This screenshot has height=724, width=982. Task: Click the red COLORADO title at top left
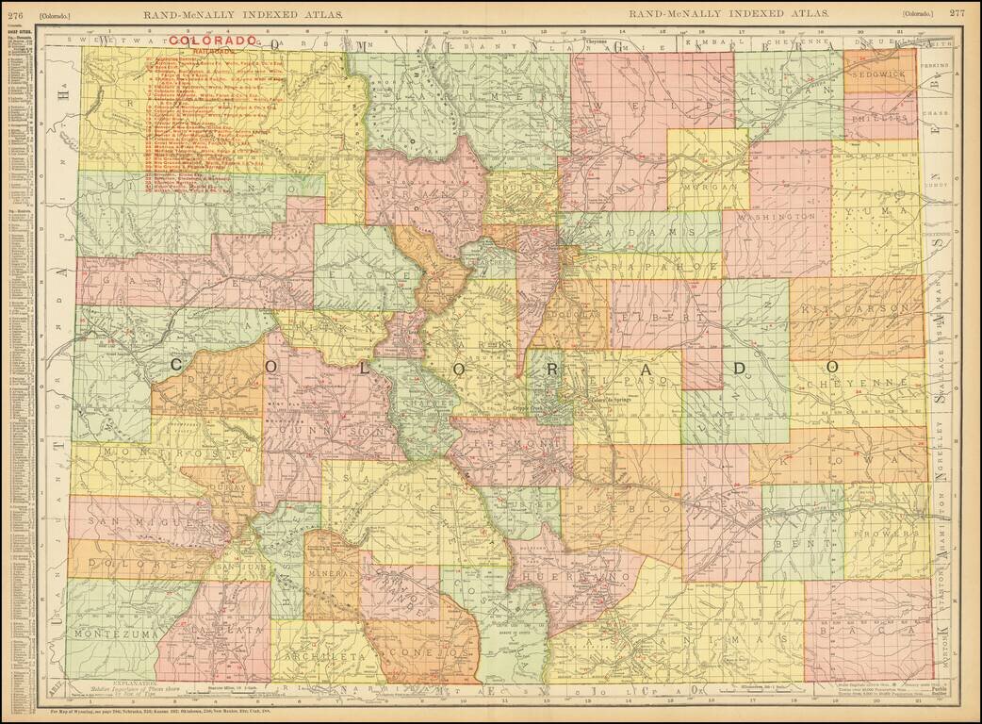tap(214, 41)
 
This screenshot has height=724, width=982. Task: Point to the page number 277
tap(957, 13)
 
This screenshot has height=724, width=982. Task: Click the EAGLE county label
tap(369, 277)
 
